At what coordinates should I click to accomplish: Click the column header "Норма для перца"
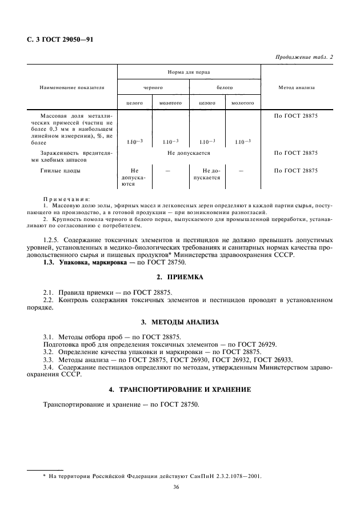point(189,73)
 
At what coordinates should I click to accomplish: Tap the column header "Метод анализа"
point(296,88)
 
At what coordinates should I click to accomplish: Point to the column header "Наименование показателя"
point(72,88)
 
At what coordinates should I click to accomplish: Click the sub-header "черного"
point(153,88)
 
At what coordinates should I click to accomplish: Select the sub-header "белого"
point(225,88)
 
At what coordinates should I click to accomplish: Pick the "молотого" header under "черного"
point(171,103)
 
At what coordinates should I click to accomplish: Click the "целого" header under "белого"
point(206,103)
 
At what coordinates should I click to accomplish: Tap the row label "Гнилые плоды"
point(61,171)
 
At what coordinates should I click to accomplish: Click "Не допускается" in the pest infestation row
point(189,153)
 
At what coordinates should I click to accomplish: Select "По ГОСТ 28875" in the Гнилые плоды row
point(296,171)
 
